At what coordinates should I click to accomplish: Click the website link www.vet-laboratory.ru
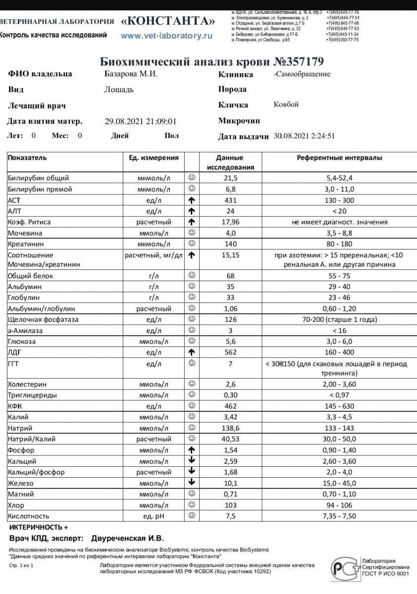(166, 36)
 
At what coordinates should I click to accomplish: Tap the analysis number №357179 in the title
(299, 62)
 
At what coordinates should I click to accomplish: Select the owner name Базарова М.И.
(131, 74)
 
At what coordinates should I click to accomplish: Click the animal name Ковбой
(286, 105)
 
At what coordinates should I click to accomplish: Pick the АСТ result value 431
(231, 200)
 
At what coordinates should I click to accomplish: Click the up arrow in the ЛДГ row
(192, 352)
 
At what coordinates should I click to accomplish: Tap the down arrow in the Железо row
(192, 483)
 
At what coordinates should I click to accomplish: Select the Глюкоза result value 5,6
(231, 342)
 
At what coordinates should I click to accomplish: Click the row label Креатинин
(25, 244)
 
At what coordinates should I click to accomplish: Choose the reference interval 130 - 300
(339, 200)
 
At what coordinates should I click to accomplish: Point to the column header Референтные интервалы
(339, 158)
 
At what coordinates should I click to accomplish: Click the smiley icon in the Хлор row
(192, 505)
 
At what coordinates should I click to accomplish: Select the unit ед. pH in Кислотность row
(154, 516)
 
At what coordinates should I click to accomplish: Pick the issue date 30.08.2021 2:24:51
(304, 136)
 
